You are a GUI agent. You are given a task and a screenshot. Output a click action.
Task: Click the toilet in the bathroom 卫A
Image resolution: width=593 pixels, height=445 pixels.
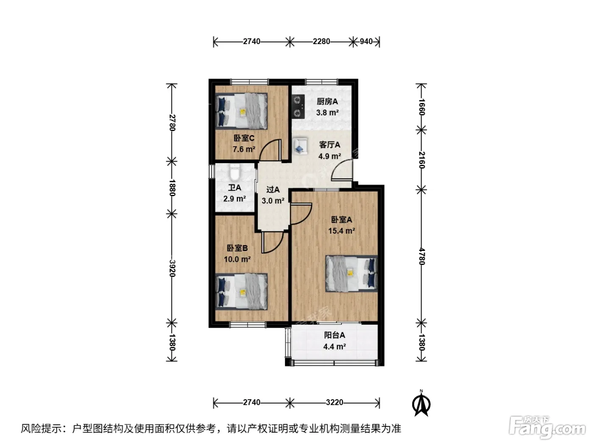point(234,173)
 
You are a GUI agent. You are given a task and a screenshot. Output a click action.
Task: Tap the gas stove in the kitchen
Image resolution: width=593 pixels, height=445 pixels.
point(298,106)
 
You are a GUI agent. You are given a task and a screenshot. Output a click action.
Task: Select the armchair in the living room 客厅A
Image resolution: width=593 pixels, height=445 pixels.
point(300,147)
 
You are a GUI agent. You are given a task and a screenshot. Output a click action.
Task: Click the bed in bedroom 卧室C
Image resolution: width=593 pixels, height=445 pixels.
point(241,111)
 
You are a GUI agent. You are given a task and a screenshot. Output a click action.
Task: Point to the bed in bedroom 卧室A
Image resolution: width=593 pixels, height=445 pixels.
point(352,274)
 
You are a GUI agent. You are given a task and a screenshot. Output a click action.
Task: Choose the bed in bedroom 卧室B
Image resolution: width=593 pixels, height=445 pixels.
point(241,291)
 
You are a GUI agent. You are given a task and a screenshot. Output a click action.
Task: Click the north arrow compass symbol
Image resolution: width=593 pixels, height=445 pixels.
point(421,403)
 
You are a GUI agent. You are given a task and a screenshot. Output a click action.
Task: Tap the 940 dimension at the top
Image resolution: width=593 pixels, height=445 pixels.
point(366,42)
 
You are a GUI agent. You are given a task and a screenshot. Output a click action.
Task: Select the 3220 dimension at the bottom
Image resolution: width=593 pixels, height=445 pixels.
point(335,402)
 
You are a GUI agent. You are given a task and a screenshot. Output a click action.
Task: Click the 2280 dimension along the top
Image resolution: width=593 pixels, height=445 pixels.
point(321,42)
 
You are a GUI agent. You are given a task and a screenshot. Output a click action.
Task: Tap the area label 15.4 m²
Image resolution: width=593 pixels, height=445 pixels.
point(341,231)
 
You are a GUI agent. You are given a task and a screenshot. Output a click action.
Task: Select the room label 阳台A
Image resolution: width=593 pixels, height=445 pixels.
point(335,335)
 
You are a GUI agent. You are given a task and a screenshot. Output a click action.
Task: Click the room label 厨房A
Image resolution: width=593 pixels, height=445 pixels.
point(327,102)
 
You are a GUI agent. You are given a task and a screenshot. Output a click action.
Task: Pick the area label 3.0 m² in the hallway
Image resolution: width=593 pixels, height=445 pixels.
point(273,201)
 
